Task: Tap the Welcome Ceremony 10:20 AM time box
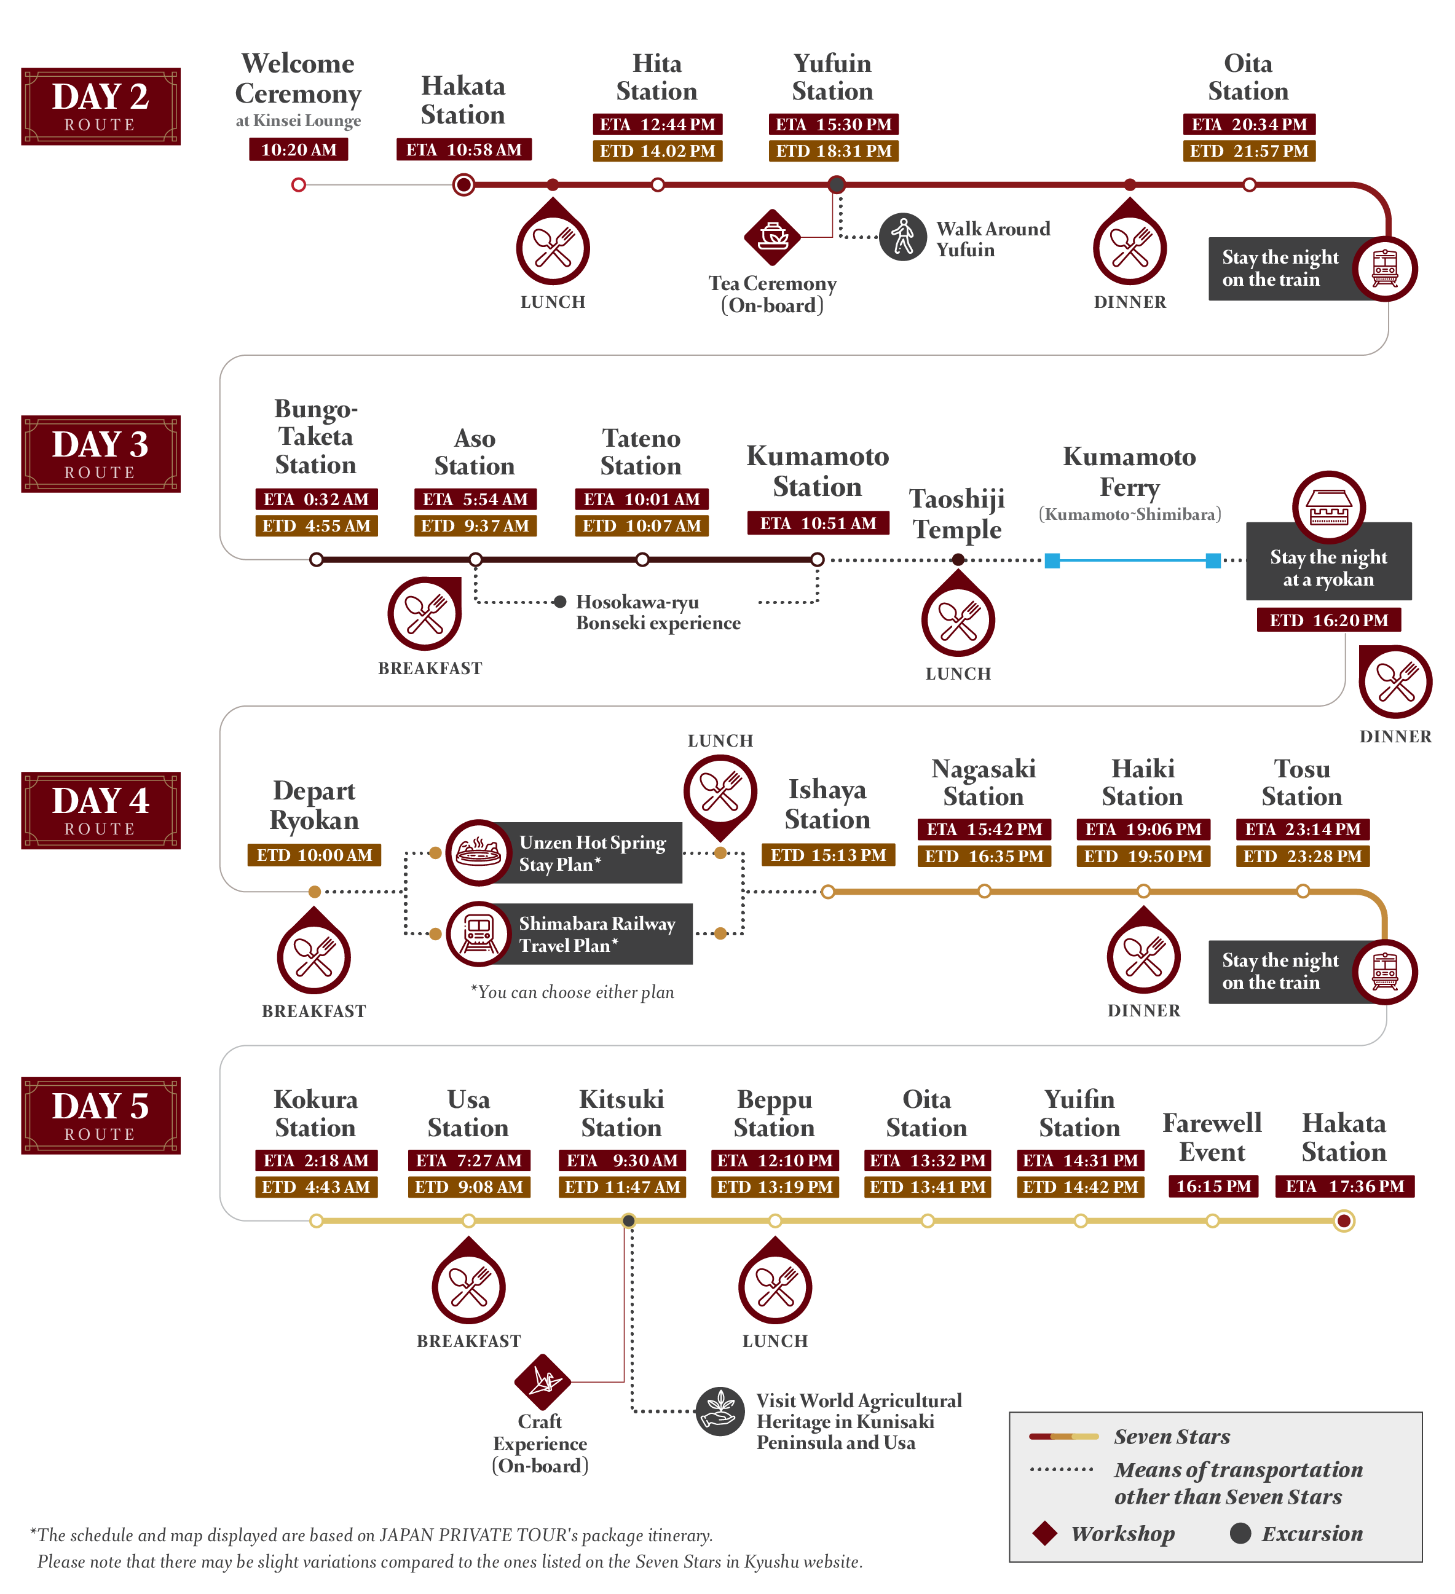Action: [x=298, y=149]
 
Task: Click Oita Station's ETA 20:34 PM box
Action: [x=1248, y=124]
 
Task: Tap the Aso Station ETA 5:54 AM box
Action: [x=475, y=499]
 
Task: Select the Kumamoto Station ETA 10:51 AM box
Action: [x=818, y=523]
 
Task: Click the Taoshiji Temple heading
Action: [x=957, y=514]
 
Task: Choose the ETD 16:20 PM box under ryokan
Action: [x=1328, y=620]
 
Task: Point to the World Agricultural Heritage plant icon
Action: [x=720, y=1411]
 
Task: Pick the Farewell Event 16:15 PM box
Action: [x=1212, y=1186]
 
